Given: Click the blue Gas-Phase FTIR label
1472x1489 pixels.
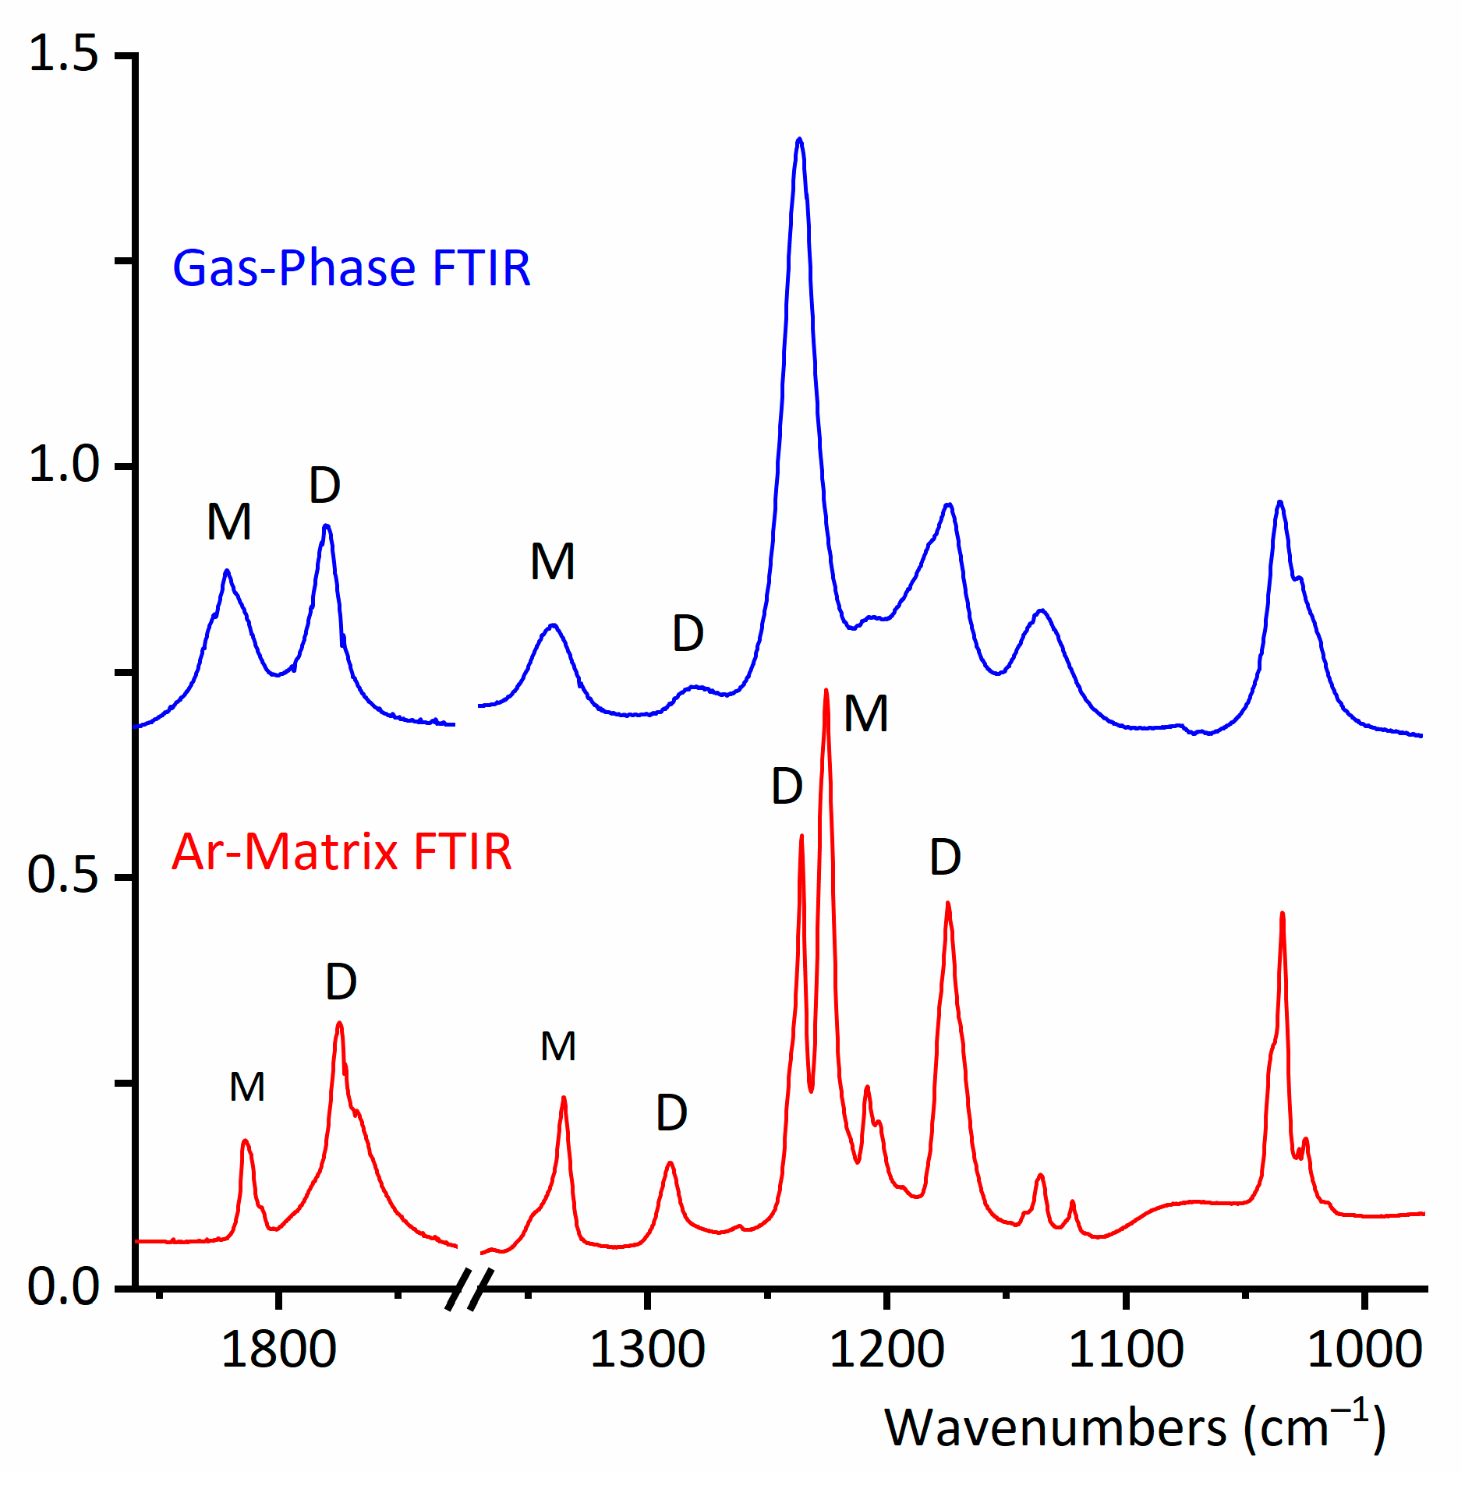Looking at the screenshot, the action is click(351, 268).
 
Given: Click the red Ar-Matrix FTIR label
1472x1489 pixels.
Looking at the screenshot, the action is click(341, 851).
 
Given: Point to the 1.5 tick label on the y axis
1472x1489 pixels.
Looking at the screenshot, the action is click(63, 54).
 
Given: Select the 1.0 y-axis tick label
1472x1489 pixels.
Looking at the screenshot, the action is click(63, 465).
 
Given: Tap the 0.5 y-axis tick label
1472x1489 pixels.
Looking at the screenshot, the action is click(63, 875).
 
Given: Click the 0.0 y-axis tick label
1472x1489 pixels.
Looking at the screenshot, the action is click(63, 1286).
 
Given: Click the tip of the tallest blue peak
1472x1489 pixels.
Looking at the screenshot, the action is click(799, 139).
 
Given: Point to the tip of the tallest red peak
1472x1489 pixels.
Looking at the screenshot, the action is click(826, 690).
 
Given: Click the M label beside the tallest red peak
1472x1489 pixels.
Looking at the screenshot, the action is click(866, 714).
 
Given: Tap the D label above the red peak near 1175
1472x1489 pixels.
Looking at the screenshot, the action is click(945, 858).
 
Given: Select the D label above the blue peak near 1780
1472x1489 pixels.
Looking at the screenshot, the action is click(324, 486).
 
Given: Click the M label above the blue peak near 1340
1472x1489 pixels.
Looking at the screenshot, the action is click(553, 562).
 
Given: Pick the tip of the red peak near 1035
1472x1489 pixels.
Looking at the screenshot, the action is click(1282, 913).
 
